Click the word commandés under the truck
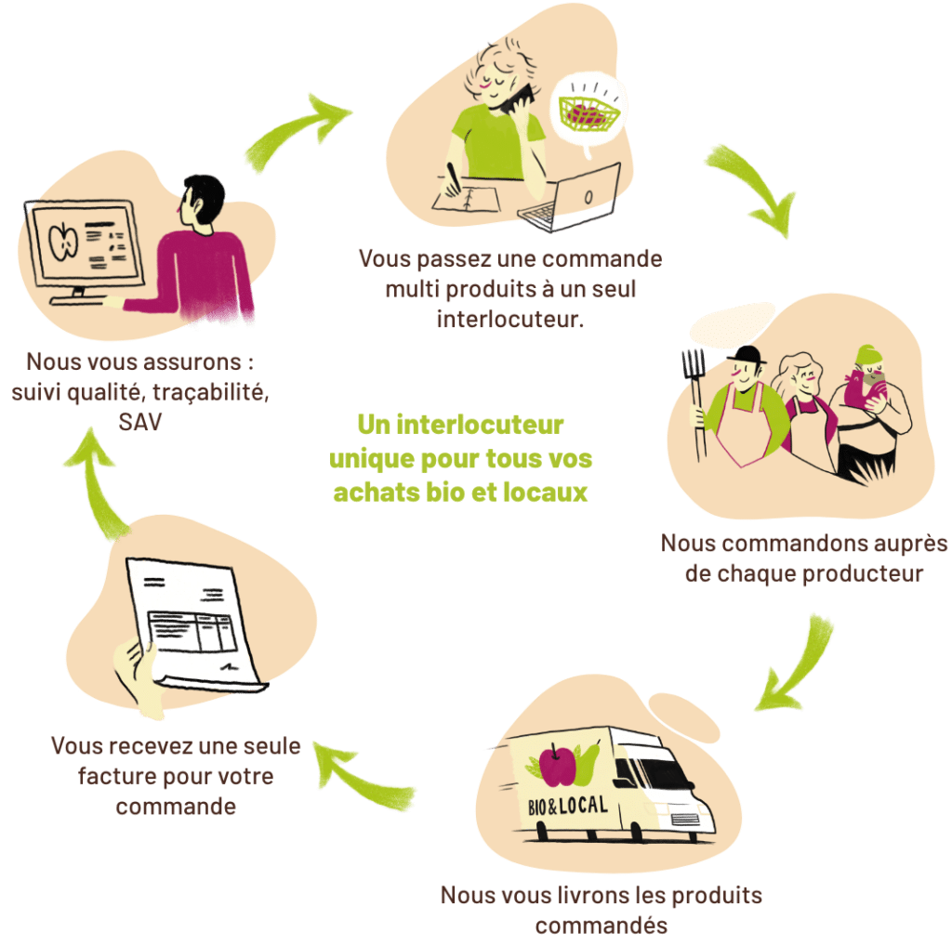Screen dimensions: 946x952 (x=602, y=926)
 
